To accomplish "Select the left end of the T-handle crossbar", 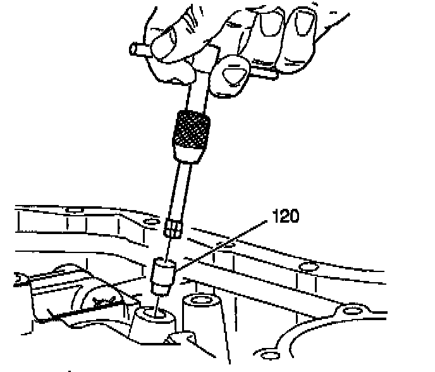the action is (x=133, y=49).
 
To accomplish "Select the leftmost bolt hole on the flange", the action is (x=75, y=209).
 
